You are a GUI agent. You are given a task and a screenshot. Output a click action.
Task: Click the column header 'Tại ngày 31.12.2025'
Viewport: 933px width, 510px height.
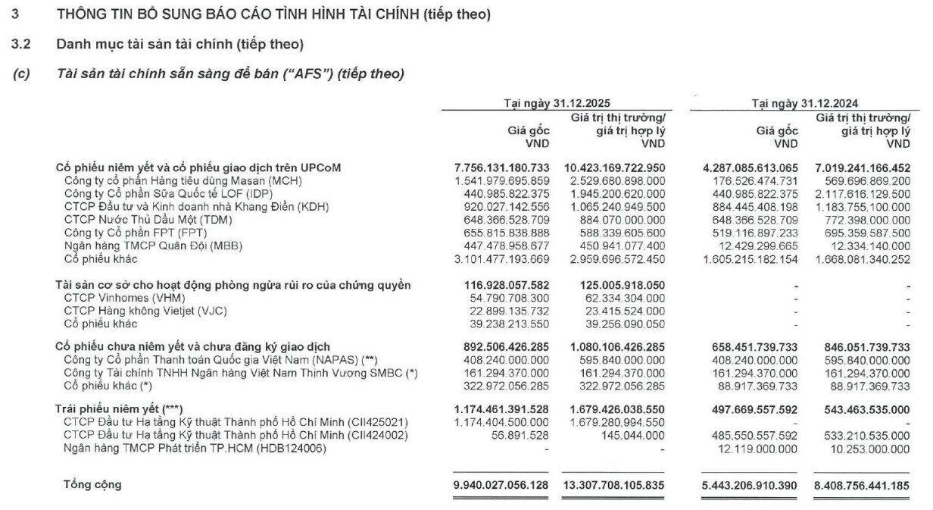tap(557, 105)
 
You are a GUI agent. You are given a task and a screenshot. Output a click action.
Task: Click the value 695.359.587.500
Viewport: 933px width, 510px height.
tap(863, 233)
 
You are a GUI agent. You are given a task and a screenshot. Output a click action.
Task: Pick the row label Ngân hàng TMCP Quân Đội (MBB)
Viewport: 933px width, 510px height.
tap(153, 246)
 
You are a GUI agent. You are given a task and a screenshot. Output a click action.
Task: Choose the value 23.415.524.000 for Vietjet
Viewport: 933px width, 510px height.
tap(620, 311)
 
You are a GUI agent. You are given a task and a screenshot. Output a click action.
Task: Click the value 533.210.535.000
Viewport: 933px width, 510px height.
tap(863, 436)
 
